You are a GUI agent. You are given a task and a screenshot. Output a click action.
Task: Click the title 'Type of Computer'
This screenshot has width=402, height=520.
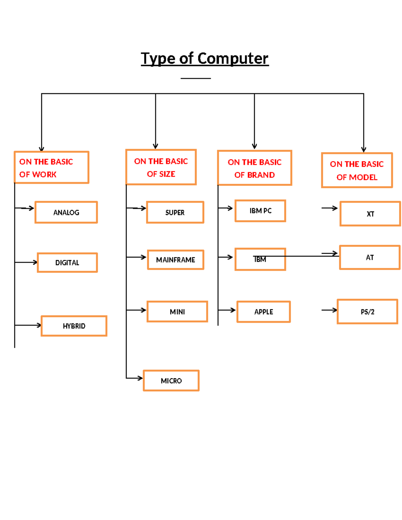coord(204,59)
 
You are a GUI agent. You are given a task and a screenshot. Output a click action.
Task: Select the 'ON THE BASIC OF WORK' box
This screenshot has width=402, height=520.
coord(51,167)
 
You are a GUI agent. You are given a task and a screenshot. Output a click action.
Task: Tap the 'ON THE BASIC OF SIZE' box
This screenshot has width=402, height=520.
coord(161,167)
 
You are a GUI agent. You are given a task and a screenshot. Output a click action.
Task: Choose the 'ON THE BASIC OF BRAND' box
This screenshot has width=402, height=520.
coord(255,168)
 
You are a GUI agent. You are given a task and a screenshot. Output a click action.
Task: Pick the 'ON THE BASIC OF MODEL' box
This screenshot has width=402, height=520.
coord(357,170)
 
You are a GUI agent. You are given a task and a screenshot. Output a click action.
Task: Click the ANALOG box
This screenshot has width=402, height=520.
coord(66,212)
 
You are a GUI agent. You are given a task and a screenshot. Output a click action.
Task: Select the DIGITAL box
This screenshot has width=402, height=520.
coord(67,263)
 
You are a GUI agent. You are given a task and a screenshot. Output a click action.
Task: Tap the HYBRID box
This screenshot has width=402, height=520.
coord(74,326)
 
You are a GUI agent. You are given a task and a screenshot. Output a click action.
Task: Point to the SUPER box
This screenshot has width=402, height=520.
coord(175,212)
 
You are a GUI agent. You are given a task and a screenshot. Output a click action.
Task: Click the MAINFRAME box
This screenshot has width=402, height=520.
coord(176,259)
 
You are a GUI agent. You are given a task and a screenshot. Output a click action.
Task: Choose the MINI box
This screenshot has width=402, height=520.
coord(177,311)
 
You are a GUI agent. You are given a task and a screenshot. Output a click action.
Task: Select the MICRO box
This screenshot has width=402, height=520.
coord(171,380)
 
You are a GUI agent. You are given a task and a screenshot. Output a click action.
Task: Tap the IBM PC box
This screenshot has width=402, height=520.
coord(260,211)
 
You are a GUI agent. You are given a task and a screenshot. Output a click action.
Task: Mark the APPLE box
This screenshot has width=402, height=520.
coord(264,311)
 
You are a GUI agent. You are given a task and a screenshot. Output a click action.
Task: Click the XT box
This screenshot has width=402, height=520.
coord(370,214)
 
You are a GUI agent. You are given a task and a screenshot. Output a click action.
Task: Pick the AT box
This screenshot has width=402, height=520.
coord(370,257)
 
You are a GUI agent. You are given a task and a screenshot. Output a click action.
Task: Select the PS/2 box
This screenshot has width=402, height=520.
coord(367,311)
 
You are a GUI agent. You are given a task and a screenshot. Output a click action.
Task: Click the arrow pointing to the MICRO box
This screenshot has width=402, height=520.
coord(135,378)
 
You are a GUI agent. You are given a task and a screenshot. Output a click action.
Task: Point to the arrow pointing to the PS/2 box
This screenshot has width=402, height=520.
coord(329,310)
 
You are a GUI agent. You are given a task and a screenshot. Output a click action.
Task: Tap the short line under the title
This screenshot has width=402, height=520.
coord(196,78)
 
